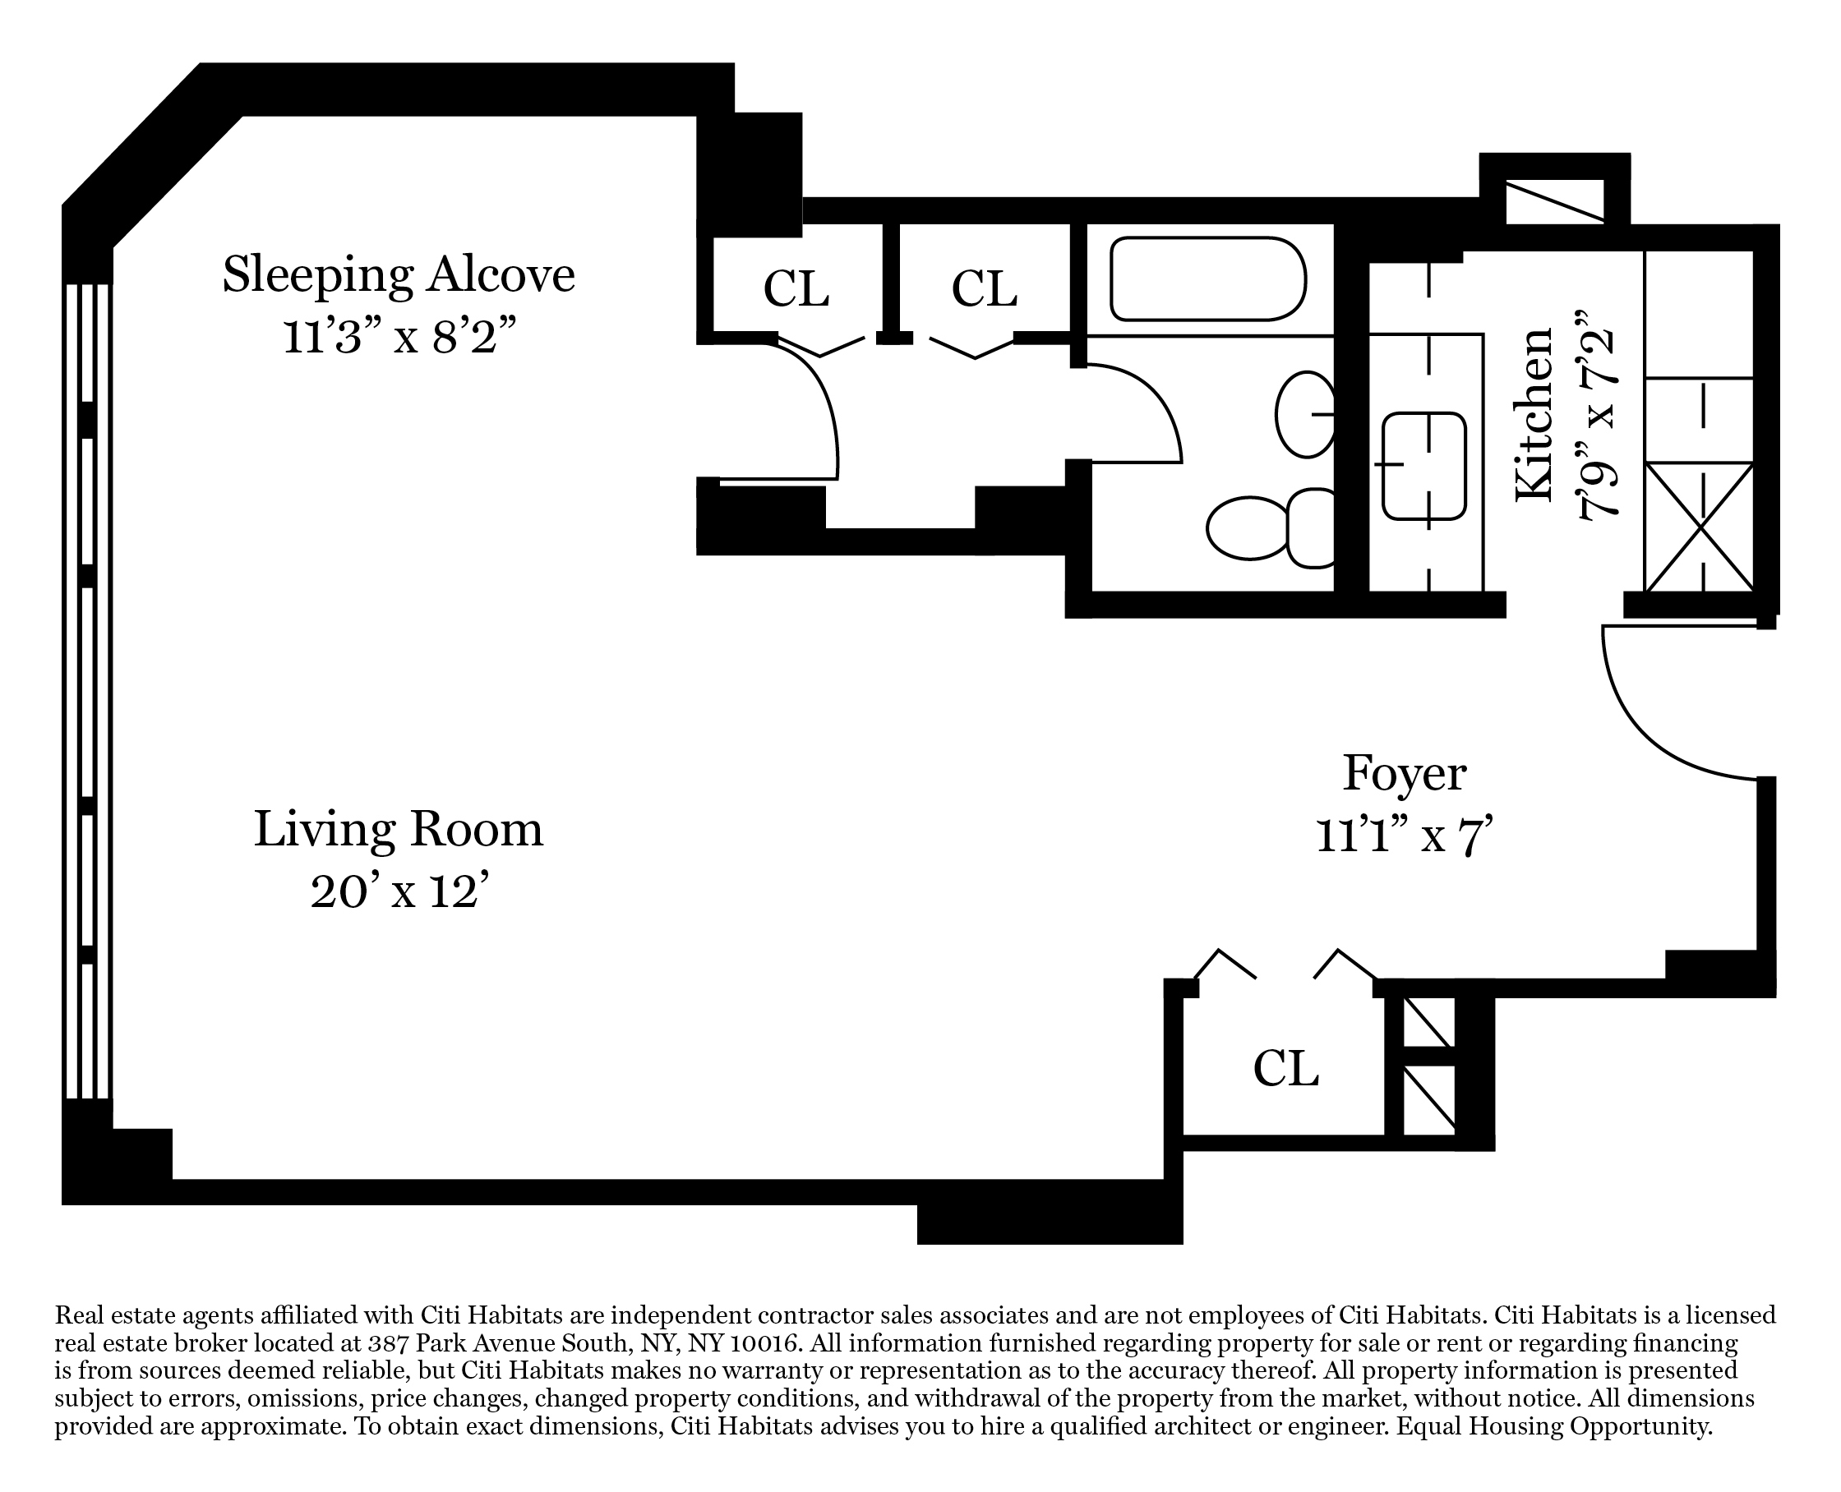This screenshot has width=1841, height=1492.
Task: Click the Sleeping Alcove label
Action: pos(398,275)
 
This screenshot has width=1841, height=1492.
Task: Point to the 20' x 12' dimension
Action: pos(404,891)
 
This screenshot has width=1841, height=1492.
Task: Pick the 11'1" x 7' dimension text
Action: pos(1405,836)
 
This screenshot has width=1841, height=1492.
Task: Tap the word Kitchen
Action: pos(1536,414)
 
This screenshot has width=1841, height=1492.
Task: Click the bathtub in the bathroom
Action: pos(1208,279)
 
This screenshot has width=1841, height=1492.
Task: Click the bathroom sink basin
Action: pos(1305,414)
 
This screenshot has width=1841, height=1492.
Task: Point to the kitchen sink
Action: pos(1424,466)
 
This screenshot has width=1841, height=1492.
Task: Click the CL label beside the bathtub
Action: pos(984,288)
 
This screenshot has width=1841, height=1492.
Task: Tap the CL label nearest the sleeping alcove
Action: pos(796,288)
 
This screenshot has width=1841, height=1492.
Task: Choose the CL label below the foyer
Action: pos(1285,1068)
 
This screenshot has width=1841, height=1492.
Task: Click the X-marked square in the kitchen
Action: pos(1699,527)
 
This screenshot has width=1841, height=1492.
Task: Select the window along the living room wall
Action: pos(88,691)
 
